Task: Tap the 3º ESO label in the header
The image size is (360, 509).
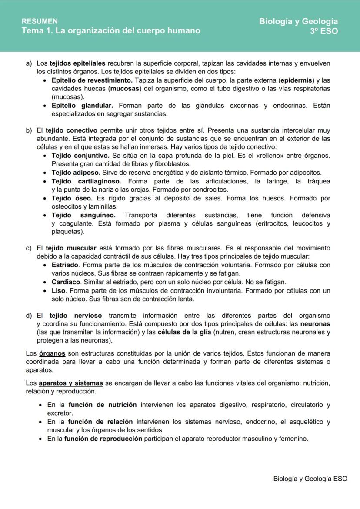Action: coord(323,31)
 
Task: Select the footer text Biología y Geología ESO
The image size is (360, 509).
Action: coord(310,478)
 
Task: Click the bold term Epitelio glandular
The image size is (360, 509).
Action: coord(82,106)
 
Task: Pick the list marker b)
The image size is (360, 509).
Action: coord(29,130)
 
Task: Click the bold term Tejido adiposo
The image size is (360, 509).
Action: coord(76,173)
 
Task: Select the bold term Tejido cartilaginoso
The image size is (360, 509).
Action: coord(86,181)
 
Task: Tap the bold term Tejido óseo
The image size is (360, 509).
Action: coord(72,198)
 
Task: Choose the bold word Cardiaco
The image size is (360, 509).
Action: coord(66,282)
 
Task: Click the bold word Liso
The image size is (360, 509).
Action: coord(58,290)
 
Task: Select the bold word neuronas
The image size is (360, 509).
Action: coord(315,324)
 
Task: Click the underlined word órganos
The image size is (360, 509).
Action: coord(52,353)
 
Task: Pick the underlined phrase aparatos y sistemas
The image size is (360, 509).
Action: coord(70,383)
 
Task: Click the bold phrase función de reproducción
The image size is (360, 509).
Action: coord(103,439)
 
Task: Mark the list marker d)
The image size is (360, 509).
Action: coord(29,316)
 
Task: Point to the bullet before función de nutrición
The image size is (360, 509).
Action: coord(40,405)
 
